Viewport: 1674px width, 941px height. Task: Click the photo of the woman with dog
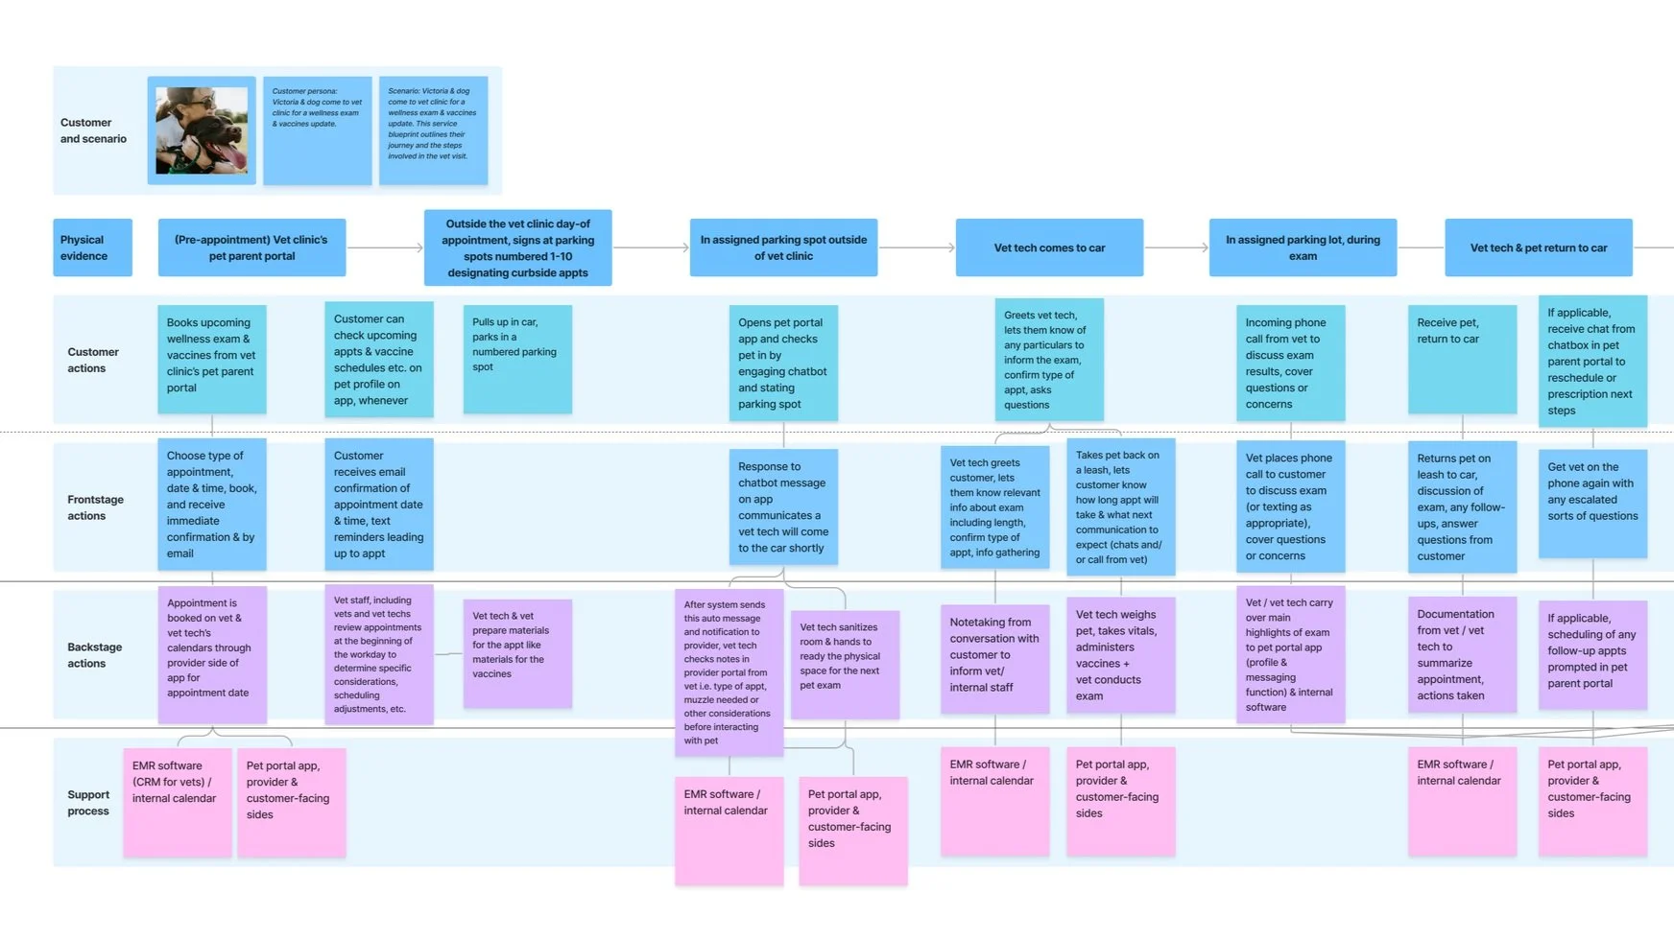pos(202,130)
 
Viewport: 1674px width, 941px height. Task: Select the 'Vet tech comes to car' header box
pos(1049,247)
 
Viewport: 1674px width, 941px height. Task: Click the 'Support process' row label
pos(88,803)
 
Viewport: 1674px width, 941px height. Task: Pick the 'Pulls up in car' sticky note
pos(517,359)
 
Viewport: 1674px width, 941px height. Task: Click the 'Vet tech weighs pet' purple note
pos(1120,655)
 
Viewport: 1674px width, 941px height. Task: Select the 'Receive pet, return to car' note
pos(1462,359)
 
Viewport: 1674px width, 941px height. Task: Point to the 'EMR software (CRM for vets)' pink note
pos(177,802)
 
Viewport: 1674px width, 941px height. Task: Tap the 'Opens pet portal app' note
pos(782,363)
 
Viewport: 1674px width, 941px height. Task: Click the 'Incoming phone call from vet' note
pos(1290,363)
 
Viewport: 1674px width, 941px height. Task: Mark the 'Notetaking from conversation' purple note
pos(994,657)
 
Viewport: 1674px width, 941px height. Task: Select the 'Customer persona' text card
pos(318,130)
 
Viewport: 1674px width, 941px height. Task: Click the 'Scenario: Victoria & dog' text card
pos(433,130)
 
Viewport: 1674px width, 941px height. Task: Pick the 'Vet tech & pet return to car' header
pos(1538,247)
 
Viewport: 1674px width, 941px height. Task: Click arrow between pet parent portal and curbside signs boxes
pos(385,247)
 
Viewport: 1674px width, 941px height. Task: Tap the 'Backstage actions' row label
pos(95,655)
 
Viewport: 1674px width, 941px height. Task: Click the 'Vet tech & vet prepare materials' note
pos(517,653)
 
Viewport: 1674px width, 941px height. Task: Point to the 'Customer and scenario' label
pos(93,130)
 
